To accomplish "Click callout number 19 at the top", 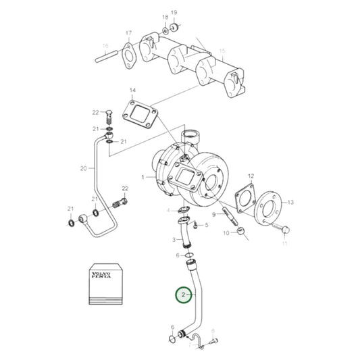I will click(x=174, y=13).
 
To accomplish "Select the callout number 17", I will click(x=128, y=33).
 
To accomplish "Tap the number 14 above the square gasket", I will click(x=132, y=90).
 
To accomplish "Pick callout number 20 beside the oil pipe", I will click(x=84, y=168).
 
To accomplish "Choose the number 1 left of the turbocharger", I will click(x=143, y=177).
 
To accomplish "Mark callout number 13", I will click(x=290, y=202).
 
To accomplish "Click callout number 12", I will click(x=251, y=176).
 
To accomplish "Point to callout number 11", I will click(x=284, y=242).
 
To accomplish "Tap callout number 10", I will click(x=227, y=233).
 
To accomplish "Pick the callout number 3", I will click(x=174, y=239).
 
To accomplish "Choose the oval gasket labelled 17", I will click(x=130, y=53).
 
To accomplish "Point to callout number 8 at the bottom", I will click(x=213, y=331).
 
